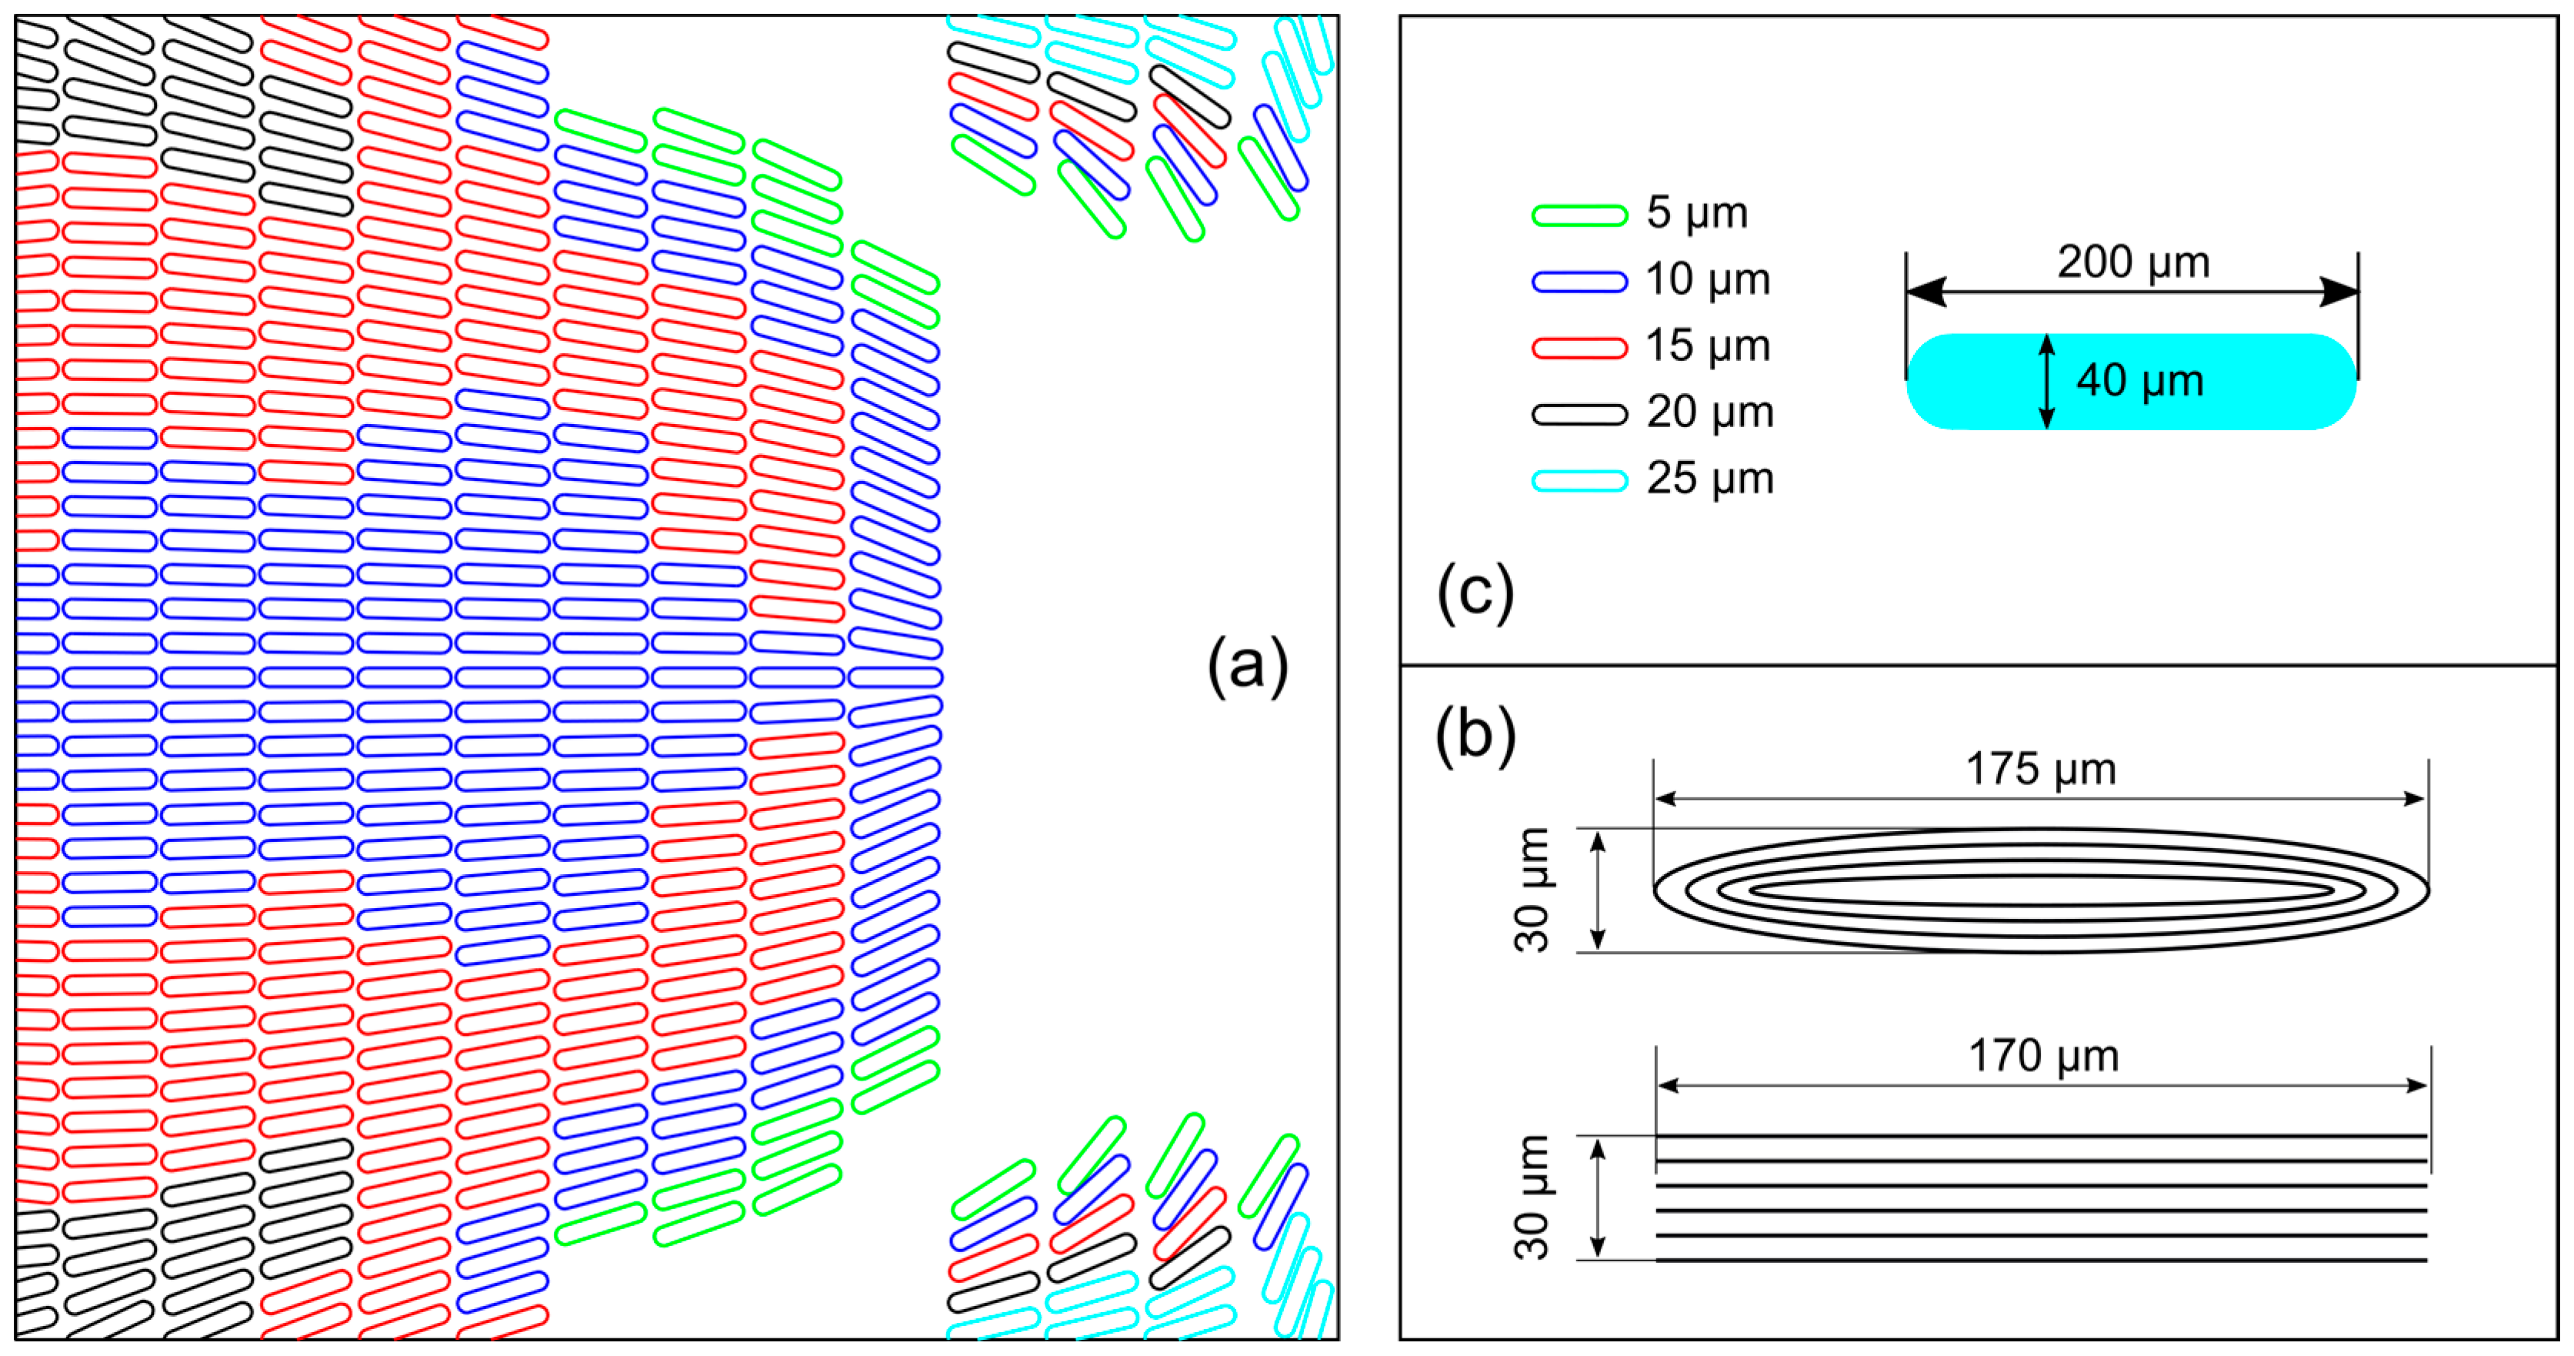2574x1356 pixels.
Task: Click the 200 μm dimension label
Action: pyautogui.click(x=2132, y=262)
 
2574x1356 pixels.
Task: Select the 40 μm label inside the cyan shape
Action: pyautogui.click(x=2139, y=381)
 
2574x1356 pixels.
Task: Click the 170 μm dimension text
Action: pyautogui.click(x=2042, y=1056)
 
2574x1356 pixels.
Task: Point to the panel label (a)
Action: pyautogui.click(x=1247, y=666)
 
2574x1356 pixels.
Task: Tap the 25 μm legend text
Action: pyautogui.click(x=1709, y=479)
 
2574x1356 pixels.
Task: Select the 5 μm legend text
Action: pyautogui.click(x=1697, y=213)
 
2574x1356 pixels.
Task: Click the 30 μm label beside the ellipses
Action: pyautogui.click(x=1532, y=890)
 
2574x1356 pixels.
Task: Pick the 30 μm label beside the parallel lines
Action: pyautogui.click(x=1532, y=1197)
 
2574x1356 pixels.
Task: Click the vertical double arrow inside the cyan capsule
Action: pyautogui.click(x=2046, y=382)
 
